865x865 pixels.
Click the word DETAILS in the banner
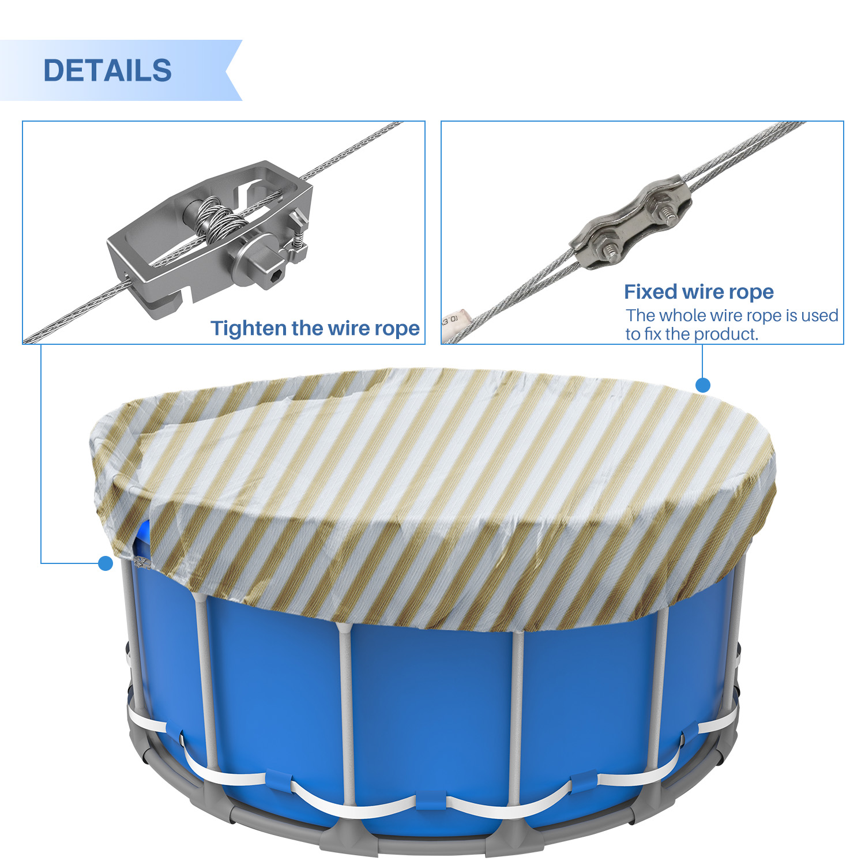(x=107, y=70)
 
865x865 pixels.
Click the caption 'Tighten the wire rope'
(x=315, y=328)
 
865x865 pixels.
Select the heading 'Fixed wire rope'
(x=699, y=292)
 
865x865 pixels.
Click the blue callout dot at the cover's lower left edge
(x=106, y=563)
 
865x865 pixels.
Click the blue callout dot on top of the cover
(x=702, y=385)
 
